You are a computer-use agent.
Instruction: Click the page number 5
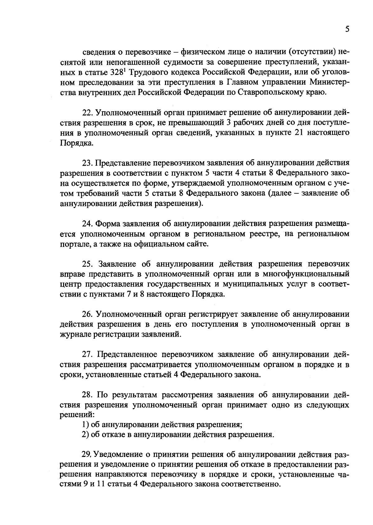347,29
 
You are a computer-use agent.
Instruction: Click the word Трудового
145,72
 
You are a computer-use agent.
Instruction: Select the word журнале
73,335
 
